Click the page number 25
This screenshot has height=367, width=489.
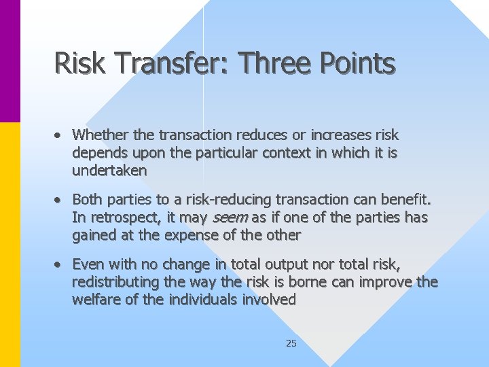291,343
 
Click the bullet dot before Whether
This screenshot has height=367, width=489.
60,135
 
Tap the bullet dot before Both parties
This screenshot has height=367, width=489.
60,200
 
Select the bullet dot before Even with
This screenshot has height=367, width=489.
60,264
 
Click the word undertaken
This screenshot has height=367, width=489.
109,171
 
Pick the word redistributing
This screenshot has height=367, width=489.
116,281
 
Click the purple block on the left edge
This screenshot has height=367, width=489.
10,61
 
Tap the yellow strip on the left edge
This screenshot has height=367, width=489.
10,245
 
